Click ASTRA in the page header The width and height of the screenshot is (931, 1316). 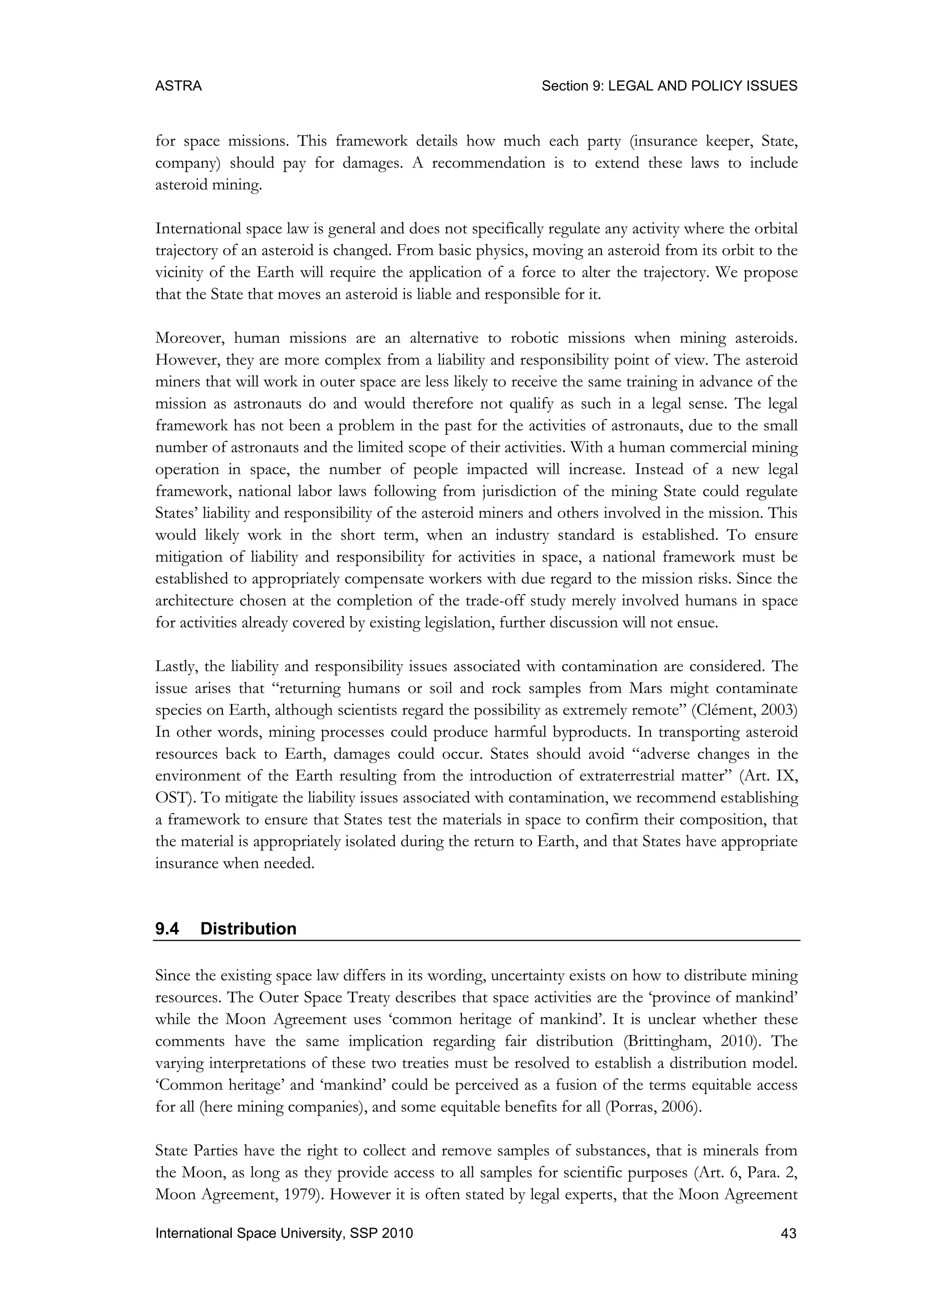pyautogui.click(x=178, y=86)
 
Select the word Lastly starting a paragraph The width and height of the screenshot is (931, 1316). pyautogui.click(x=174, y=666)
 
